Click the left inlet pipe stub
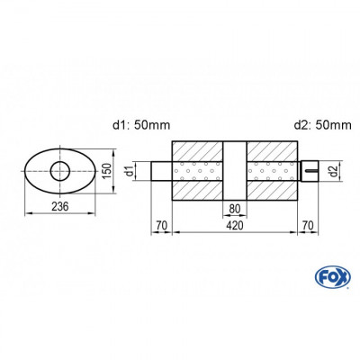click(x=158, y=170)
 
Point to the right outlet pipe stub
click(x=306, y=170)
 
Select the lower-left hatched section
click(x=198, y=191)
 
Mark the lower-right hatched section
click(x=269, y=191)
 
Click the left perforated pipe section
click(x=198, y=170)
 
